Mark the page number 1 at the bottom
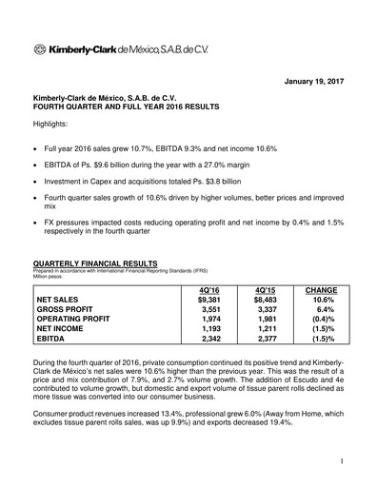point(340,461)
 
